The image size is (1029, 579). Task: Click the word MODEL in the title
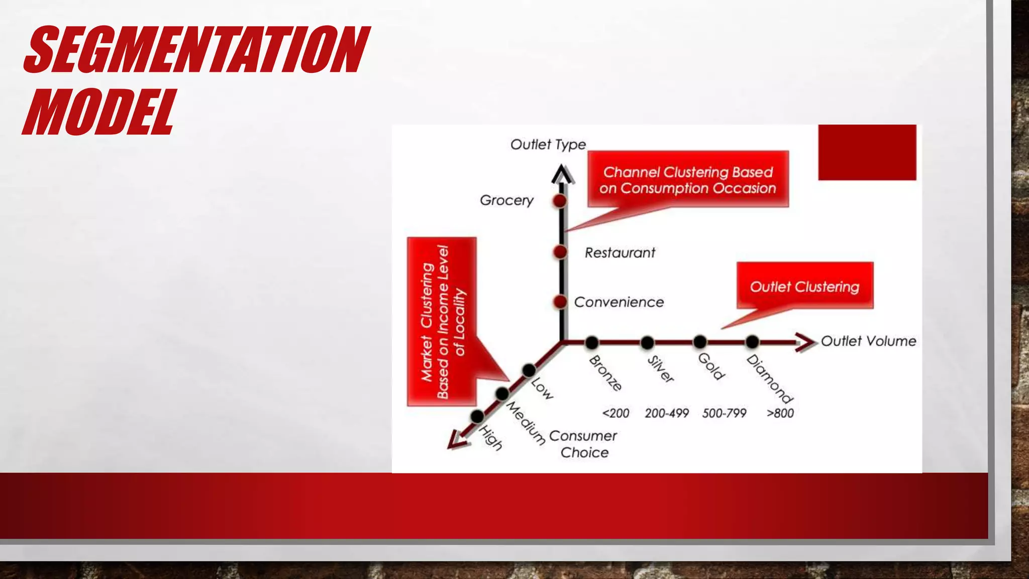(99, 112)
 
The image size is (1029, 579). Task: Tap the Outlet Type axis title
(548, 145)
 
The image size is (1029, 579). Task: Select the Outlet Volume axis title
(868, 341)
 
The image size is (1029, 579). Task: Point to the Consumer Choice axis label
(583, 444)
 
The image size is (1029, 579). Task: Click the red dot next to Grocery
(560, 201)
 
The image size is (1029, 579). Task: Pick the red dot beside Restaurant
(560, 252)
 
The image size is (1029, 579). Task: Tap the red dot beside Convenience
(560, 302)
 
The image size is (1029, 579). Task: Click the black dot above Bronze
(592, 343)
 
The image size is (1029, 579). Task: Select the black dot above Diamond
(752, 342)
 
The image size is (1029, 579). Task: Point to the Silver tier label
(661, 369)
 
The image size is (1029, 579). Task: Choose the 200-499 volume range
(667, 413)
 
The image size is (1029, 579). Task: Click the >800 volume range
(780, 413)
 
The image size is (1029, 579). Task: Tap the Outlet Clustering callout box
(805, 285)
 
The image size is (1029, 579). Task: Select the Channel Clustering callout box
(688, 179)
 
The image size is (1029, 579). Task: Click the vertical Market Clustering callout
(442, 322)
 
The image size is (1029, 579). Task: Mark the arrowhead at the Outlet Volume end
(806, 342)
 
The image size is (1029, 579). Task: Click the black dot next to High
(477, 416)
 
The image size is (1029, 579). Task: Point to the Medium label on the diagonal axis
(526, 423)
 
